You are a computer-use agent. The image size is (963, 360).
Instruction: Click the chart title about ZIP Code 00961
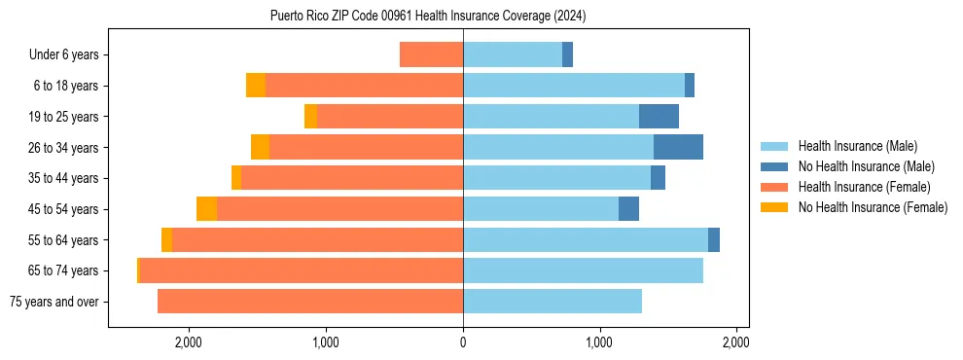(x=428, y=17)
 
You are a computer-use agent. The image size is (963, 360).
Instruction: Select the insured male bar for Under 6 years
(x=513, y=54)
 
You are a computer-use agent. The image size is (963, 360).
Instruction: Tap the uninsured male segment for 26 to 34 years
(x=678, y=147)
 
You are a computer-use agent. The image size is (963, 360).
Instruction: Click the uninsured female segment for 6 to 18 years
(x=256, y=86)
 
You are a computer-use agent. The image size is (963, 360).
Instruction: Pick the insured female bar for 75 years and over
(x=310, y=302)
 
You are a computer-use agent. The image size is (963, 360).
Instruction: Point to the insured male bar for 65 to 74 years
(x=583, y=270)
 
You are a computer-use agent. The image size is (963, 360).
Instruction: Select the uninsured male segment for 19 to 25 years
(x=659, y=117)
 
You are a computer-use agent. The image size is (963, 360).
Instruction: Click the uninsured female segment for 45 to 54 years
(x=206, y=209)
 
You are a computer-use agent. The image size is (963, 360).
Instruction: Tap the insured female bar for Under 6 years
(x=431, y=54)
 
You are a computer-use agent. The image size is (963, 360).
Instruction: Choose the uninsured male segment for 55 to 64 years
(x=714, y=239)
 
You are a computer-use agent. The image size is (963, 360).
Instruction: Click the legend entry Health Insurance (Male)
(x=857, y=146)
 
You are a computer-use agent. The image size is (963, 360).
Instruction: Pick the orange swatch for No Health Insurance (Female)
(x=774, y=207)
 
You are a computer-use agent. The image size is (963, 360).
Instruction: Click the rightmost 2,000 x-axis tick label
(x=736, y=342)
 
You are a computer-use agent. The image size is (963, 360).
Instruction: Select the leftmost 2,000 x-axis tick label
(x=188, y=342)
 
